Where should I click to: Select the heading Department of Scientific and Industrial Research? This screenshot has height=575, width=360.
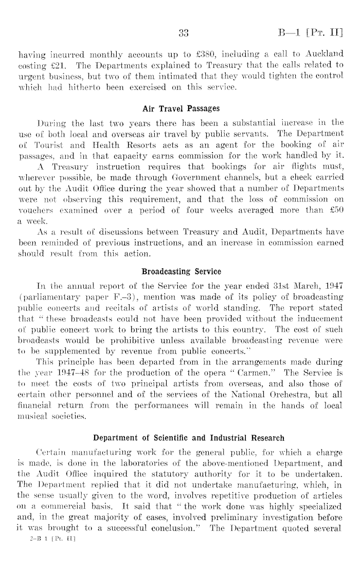188,438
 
